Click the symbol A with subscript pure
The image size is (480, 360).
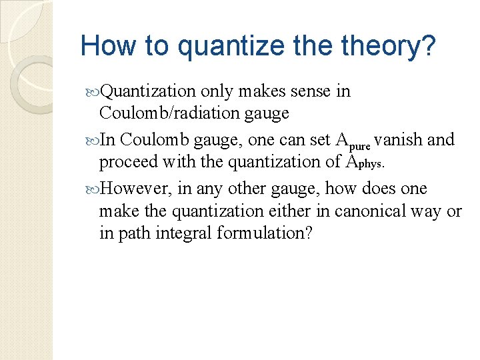click(x=353, y=141)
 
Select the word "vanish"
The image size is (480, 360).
click(x=399, y=139)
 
